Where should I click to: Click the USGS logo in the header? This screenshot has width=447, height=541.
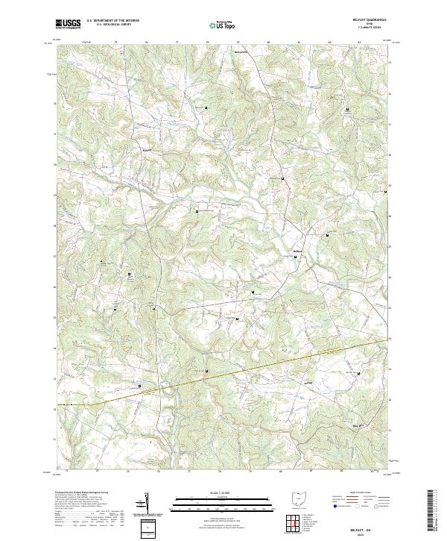click(68, 24)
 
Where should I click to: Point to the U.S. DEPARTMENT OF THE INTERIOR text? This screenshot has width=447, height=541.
click(112, 21)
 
